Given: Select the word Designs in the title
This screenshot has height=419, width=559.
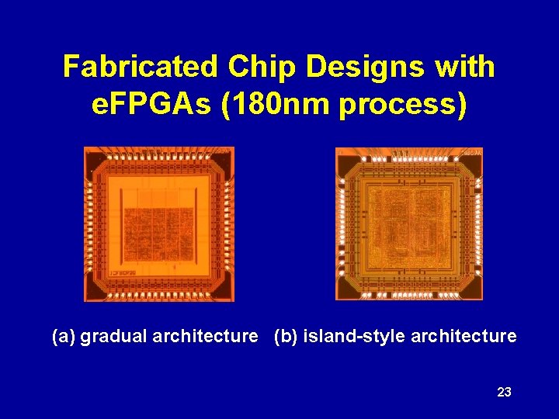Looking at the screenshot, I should click(x=364, y=68).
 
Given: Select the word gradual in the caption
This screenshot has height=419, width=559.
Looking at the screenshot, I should click(x=114, y=337).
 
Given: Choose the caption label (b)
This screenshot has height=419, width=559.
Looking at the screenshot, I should click(x=286, y=336).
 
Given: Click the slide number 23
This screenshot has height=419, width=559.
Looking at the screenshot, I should click(x=504, y=393).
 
